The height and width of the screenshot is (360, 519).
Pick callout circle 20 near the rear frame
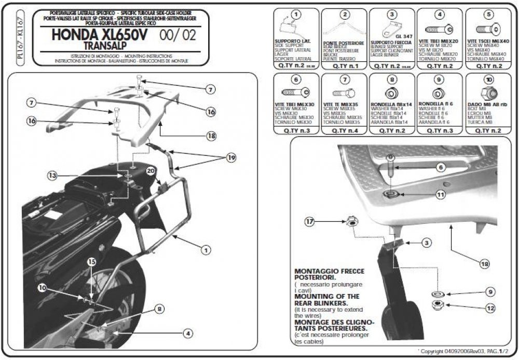pyautogui.click(x=151, y=171)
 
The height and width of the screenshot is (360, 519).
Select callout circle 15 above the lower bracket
pyautogui.click(x=91, y=262)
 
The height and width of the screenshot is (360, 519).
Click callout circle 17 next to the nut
pyautogui.click(x=309, y=222)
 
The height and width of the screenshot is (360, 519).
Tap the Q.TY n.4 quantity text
pyautogui.click(x=343, y=131)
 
